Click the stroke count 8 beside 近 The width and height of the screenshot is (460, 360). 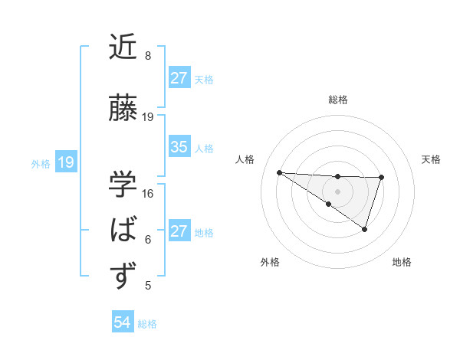[148, 56]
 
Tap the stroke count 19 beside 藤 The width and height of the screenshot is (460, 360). [148, 116]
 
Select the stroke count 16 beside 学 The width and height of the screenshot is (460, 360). [148, 193]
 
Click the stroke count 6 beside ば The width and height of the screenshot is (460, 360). [148, 240]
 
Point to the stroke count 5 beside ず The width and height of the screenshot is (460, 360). [148, 286]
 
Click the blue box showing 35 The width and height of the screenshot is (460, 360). [179, 147]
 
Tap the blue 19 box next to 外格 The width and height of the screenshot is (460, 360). [66, 162]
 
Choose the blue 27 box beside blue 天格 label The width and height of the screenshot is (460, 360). [179, 78]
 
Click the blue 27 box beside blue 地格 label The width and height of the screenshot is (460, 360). [179, 231]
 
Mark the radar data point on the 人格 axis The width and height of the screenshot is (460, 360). [279, 172]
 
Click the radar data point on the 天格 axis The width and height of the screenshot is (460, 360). [381, 178]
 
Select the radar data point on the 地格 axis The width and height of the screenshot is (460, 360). [365, 229]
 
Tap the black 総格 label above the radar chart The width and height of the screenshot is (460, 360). [337, 100]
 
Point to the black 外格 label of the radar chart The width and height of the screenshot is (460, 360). [270, 262]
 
